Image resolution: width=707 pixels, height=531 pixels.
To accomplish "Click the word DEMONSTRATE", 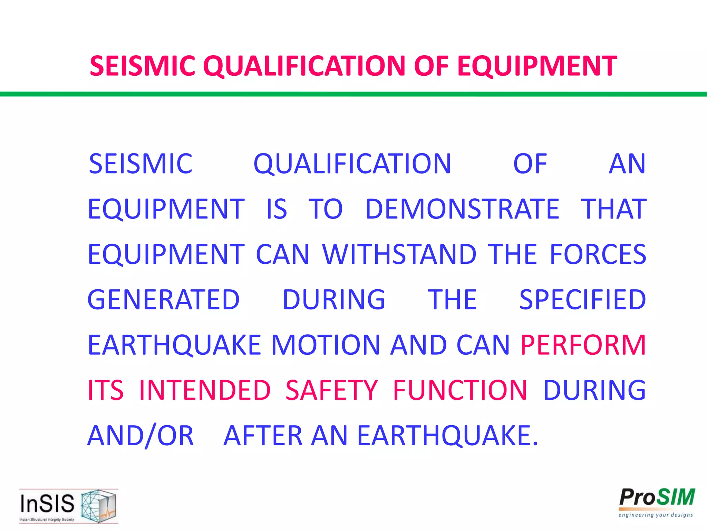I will pyautogui.click(x=462, y=209).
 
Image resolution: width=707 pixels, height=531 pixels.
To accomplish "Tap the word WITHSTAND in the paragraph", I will pyautogui.click(x=399, y=254).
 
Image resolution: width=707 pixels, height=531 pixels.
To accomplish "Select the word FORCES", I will pyautogui.click(x=598, y=254).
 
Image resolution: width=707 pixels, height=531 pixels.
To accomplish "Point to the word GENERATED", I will pyautogui.click(x=164, y=300).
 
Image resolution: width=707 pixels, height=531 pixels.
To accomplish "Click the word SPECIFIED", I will pyautogui.click(x=582, y=300).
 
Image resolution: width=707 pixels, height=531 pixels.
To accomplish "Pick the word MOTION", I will pyautogui.click(x=326, y=345).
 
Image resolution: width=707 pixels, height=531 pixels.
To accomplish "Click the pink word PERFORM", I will pyautogui.click(x=583, y=345).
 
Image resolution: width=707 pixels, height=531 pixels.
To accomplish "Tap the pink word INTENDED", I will pyautogui.click(x=205, y=390).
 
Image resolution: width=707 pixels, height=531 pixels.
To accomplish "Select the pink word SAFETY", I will pyautogui.click(x=332, y=390).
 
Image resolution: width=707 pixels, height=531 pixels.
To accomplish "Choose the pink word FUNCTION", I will pyautogui.click(x=460, y=390).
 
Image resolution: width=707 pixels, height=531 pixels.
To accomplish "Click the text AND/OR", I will pyautogui.click(x=141, y=436).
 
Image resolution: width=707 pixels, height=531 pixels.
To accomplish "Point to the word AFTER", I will pyautogui.click(x=263, y=436).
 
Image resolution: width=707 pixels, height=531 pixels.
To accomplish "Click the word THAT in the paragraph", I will pyautogui.click(x=613, y=209).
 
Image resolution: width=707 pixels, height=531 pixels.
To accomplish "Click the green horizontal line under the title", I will pyautogui.click(x=353, y=94).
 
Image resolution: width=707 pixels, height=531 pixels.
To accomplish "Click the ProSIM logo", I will pyautogui.click(x=657, y=498).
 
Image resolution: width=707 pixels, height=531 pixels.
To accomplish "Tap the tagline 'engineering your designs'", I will pyautogui.click(x=656, y=515).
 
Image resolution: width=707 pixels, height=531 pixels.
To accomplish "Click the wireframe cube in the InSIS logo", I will pyautogui.click(x=98, y=505).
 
